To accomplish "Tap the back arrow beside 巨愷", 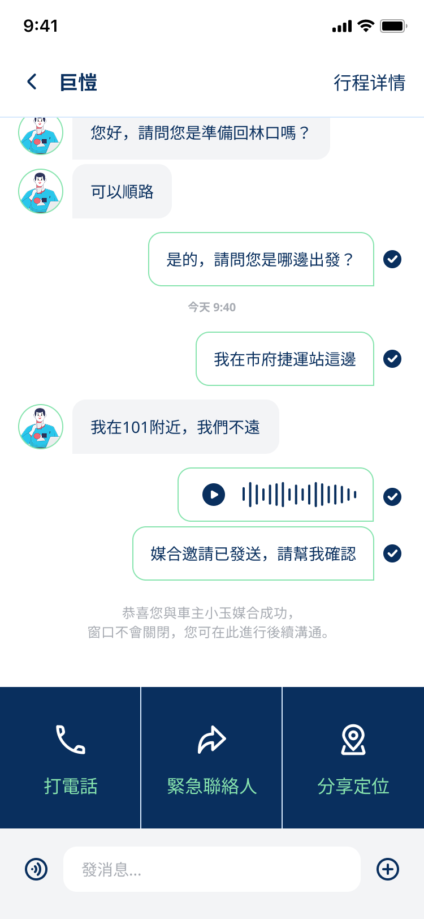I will pos(32,82).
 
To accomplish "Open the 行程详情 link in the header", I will pos(369,83).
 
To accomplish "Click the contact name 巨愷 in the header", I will pos(79,83).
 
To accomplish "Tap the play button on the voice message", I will pos(214,495).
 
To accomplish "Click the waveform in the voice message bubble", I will pos(299,495).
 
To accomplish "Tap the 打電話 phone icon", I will pos(70,740).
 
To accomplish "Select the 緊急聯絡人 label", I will pos(212,786).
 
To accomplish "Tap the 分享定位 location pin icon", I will pos(353,740).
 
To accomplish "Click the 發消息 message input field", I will pos(212,869).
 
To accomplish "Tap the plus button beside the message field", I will pos(388,869).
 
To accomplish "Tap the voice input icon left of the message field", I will pos(36,869).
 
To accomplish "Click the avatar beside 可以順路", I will pos(41,191).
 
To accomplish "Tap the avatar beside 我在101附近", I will pos(41,427).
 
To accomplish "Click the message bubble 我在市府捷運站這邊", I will pos(285,359).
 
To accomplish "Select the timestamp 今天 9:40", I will pos(212,307).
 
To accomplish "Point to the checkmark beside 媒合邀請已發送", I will pos(392,553).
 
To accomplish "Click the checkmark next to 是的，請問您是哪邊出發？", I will pos(392,259).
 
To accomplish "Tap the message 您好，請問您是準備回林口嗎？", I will pos(201,134).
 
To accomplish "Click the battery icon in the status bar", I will pos(393,26).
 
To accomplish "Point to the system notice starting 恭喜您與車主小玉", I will pos(209,622).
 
